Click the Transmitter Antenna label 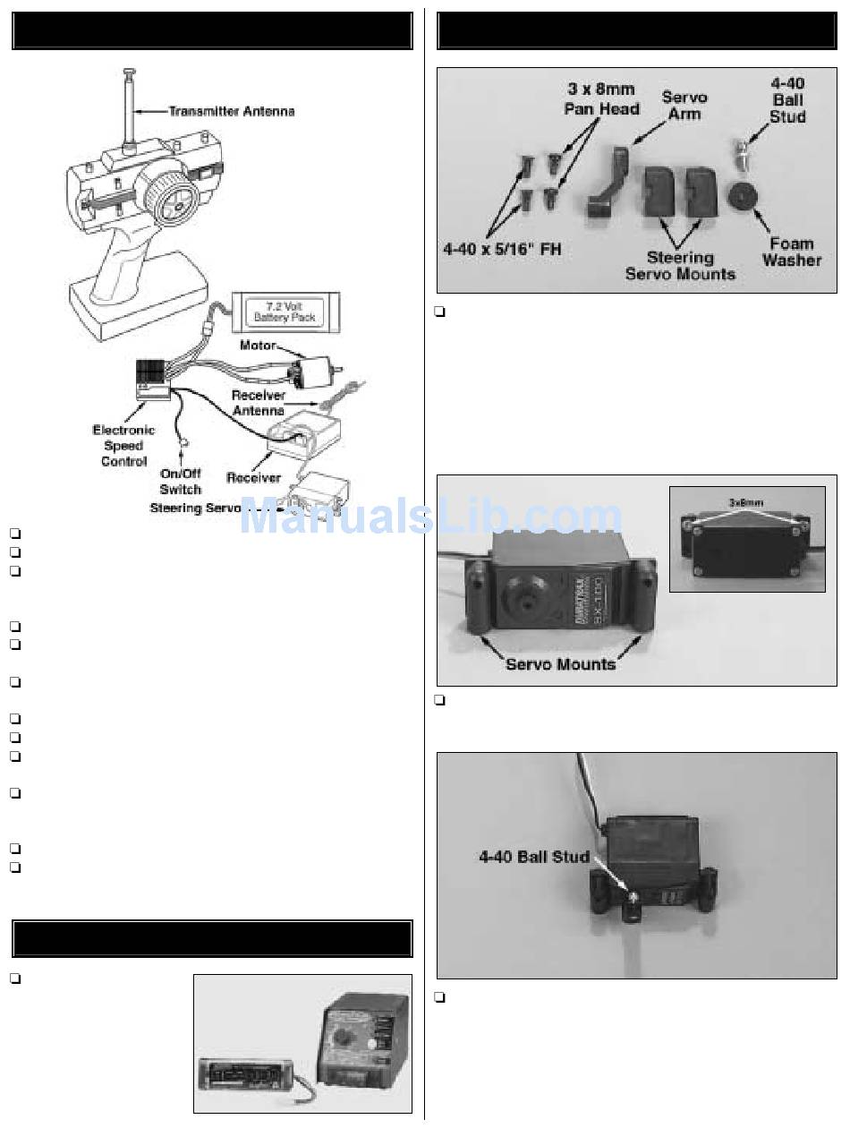pyautogui.click(x=232, y=112)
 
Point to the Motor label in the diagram pyautogui.click(x=258, y=345)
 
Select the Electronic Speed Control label pyautogui.click(x=123, y=446)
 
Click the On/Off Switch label pyautogui.click(x=180, y=482)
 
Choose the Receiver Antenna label pyautogui.click(x=259, y=403)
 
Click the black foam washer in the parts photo pyautogui.click(x=744, y=196)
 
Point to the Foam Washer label pyautogui.click(x=792, y=252)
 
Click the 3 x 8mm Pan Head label pyautogui.click(x=602, y=99)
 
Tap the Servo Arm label pyautogui.click(x=684, y=106)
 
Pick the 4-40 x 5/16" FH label pyautogui.click(x=502, y=250)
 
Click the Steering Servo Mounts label pyautogui.click(x=680, y=266)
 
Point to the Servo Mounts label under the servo pyautogui.click(x=561, y=664)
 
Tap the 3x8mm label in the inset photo pyautogui.click(x=746, y=504)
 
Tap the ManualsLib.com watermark pyautogui.click(x=429, y=517)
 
